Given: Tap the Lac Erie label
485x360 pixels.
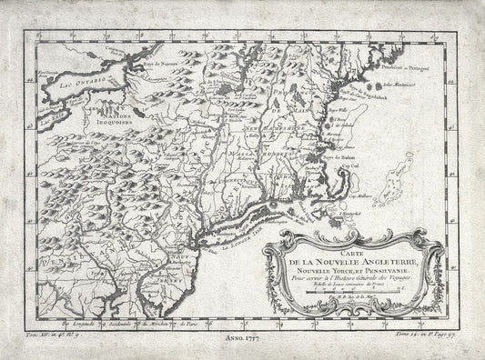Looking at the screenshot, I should tap(34, 117).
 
